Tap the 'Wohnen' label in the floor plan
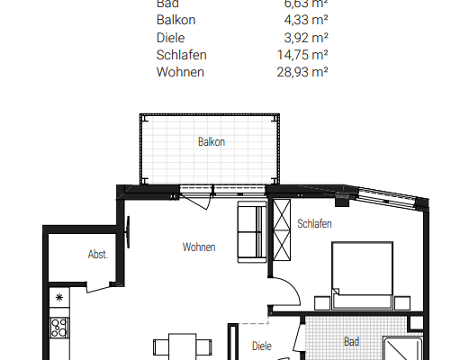pos(198,247)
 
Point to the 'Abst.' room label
pos(97,255)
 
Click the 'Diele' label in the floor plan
pos(262,346)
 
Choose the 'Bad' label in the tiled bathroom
pos(351,342)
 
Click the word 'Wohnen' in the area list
pos(180,71)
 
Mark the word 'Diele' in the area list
pos(172,39)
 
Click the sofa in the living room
pos(251,233)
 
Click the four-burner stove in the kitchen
pos(61,327)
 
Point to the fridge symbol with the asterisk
pos(60,297)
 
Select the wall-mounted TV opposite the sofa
pos(135,235)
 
